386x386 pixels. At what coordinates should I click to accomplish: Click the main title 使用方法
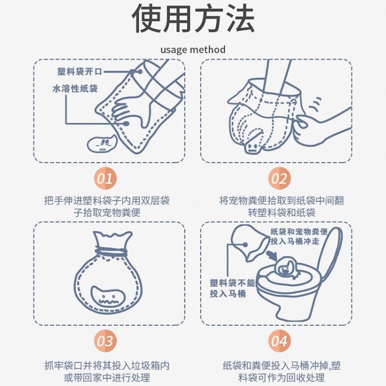193,19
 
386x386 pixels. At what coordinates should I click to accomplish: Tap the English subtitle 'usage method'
193,49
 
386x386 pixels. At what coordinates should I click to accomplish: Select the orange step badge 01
106,178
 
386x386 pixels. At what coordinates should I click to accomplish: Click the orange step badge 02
279,178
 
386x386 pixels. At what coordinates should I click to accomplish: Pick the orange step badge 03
106,341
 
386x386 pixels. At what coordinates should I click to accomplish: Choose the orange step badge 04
279,341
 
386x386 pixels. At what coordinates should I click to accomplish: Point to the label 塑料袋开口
79,72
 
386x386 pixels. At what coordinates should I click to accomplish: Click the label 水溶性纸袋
75,89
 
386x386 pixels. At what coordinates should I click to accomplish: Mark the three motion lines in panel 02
315,104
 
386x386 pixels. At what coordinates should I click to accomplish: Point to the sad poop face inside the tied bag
109,297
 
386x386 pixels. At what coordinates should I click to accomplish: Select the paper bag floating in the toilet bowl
286,268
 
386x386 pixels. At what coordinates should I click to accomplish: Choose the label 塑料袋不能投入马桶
232,288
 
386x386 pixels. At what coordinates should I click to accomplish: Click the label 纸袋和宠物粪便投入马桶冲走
299,236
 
